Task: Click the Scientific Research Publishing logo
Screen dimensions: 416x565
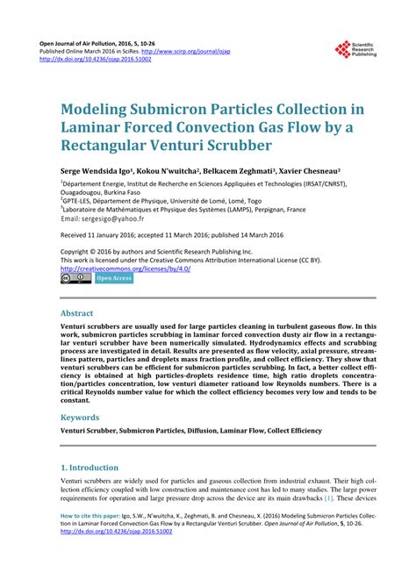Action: point(355,54)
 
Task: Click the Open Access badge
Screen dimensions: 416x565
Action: point(114,278)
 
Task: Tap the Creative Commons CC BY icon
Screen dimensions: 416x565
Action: point(75,278)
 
